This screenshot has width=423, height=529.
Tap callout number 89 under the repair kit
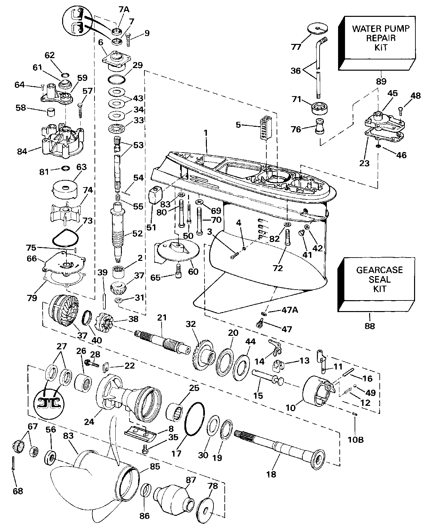click(x=381, y=81)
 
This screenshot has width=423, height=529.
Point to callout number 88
click(x=370, y=326)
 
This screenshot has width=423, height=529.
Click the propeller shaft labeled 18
click(x=278, y=446)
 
